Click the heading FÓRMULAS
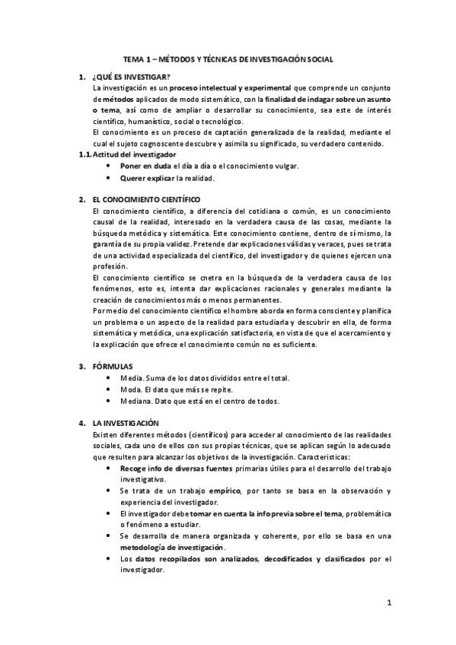point(112,367)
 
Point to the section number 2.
point(81,199)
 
